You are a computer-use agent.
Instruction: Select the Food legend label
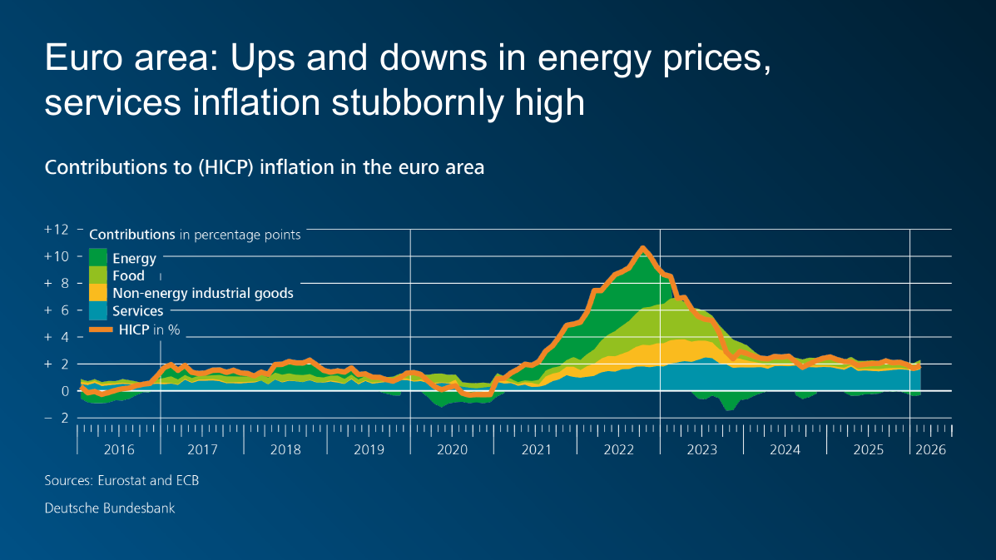pyautogui.click(x=128, y=275)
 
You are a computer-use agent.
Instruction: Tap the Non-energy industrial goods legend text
pyautogui.click(x=202, y=293)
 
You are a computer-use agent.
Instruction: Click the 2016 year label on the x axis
pyautogui.click(x=119, y=449)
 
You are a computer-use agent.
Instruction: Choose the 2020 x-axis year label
pyautogui.click(x=452, y=449)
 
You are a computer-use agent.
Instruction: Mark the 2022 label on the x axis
pyautogui.click(x=618, y=449)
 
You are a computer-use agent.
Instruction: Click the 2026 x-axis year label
pyautogui.click(x=930, y=449)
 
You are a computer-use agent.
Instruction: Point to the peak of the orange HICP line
pyautogui.click(x=642, y=248)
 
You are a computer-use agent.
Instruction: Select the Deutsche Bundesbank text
pyautogui.click(x=110, y=508)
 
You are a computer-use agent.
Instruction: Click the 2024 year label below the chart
pyautogui.click(x=785, y=449)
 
